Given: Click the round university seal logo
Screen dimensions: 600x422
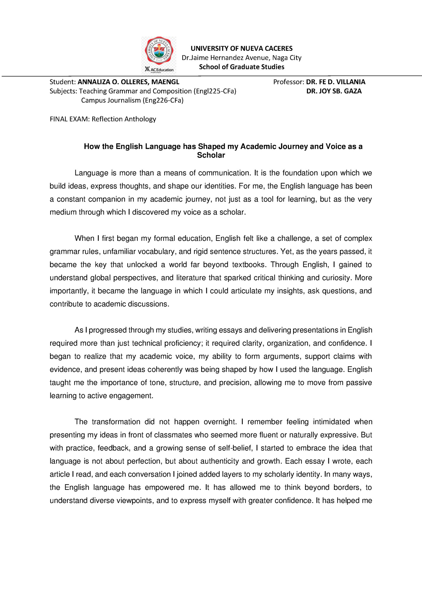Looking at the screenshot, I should [x=159, y=51].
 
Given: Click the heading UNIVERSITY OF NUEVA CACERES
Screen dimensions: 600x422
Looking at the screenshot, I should [x=241, y=49].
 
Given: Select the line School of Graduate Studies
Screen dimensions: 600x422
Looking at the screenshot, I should [x=241, y=67].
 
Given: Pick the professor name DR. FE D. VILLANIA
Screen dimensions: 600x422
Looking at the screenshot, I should [x=336, y=82].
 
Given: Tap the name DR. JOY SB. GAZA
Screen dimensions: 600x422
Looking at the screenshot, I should [x=334, y=91].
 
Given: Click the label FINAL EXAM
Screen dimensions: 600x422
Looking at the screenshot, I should [x=69, y=119].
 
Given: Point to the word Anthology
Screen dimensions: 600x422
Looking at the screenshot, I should [x=140, y=119].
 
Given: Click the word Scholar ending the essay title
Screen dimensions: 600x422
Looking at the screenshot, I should [x=211, y=155].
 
